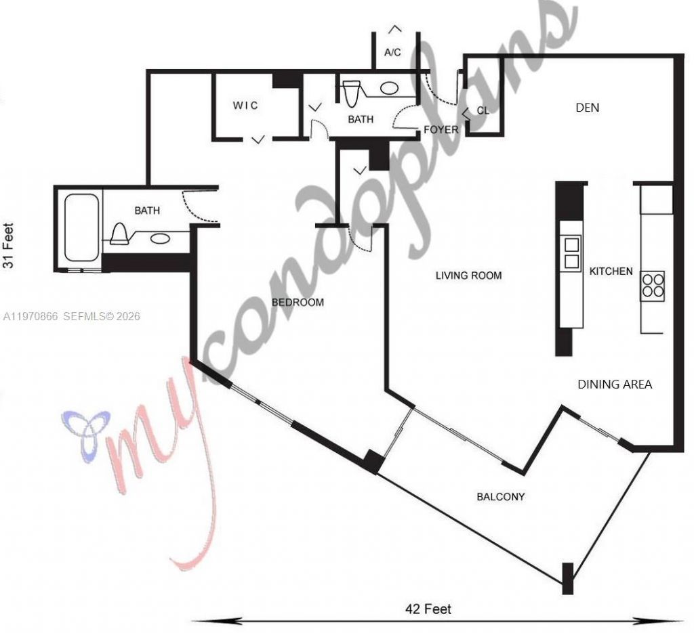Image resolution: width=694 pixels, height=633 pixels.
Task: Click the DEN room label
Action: (587, 108)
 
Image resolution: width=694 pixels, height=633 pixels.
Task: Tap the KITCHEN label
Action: (611, 271)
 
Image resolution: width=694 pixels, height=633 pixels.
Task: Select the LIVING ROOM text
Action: (468, 276)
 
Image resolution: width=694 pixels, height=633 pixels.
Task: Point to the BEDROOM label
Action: (298, 303)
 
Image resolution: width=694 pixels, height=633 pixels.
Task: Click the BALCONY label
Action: (501, 497)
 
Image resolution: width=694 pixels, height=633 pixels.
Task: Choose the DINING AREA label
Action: (615, 385)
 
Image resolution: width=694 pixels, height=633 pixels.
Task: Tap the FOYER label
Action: (441, 129)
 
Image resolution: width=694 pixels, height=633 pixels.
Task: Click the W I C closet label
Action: (245, 106)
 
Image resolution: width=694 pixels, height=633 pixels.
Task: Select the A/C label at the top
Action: (393, 52)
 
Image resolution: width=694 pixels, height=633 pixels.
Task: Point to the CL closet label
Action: (483, 110)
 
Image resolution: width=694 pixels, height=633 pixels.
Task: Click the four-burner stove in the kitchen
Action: (653, 285)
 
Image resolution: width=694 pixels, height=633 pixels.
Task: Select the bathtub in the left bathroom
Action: (81, 227)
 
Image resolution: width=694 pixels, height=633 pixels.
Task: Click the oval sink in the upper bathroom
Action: (388, 88)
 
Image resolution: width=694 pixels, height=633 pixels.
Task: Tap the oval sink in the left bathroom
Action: (161, 238)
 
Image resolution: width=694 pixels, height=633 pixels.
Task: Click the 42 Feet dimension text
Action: (428, 609)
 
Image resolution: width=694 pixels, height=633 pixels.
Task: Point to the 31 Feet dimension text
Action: (9, 246)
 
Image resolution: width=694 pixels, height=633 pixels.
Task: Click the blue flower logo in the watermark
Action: (82, 434)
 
